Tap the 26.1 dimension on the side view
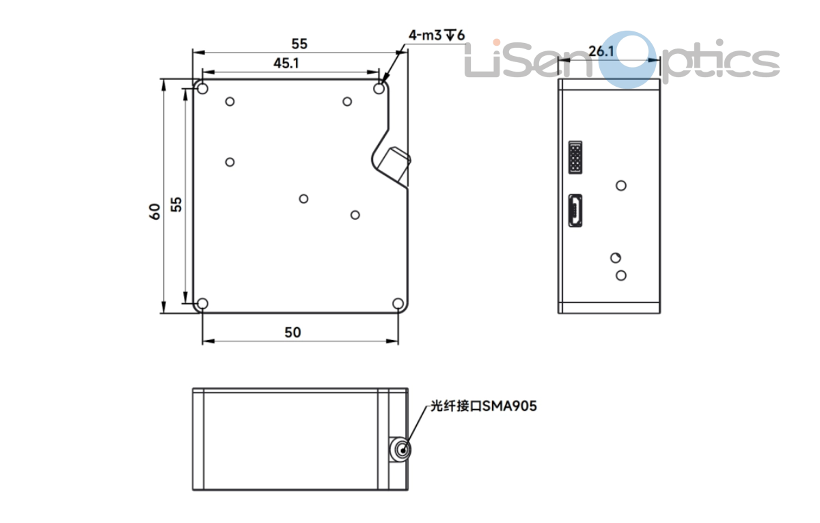coord(601,51)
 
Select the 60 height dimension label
coord(155,212)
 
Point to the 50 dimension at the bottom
coord(292,333)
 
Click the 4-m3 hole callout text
coord(436,35)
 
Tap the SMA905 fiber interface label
coord(482,406)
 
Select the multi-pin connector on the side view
coord(575,158)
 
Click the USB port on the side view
coord(575,210)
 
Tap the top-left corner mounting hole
coord(202,88)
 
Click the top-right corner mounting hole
coord(380,89)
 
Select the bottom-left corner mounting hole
coord(202,304)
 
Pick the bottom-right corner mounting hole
coord(398,304)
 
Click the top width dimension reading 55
coord(299,44)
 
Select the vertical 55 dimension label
coord(177,204)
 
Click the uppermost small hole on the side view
coord(621,185)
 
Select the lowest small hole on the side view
coord(621,275)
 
